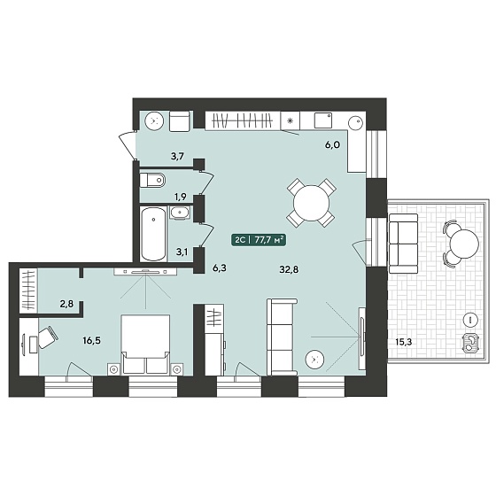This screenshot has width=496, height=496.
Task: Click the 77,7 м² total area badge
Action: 259,240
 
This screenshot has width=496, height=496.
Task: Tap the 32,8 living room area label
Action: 289,269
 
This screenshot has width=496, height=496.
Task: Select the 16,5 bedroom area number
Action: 92,341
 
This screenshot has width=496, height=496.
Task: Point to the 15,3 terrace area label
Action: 404,341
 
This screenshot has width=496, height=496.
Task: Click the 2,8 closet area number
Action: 66,304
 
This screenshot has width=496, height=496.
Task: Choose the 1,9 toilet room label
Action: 180,197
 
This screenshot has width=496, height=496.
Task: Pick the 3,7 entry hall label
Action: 177,156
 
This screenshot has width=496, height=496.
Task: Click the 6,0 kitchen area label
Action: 332,145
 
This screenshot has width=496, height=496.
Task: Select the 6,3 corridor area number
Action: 220,268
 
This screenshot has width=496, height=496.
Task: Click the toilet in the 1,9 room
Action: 152,181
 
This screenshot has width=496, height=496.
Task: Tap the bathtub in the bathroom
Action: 153,234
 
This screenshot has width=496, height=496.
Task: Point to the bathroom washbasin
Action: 180,213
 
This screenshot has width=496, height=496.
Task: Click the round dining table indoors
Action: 311,203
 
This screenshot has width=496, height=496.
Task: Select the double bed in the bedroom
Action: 145,345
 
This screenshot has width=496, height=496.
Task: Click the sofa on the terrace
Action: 403,244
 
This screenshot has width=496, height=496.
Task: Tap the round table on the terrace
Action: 464,244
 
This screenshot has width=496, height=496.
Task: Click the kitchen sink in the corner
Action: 356,121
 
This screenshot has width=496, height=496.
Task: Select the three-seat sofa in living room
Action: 283,337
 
